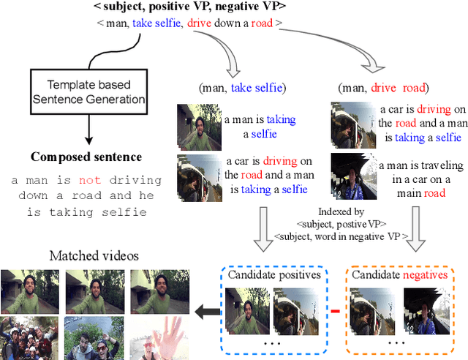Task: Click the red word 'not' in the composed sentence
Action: pyautogui.click(x=90, y=180)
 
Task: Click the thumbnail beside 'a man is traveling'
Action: pyautogui.click(x=353, y=175)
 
